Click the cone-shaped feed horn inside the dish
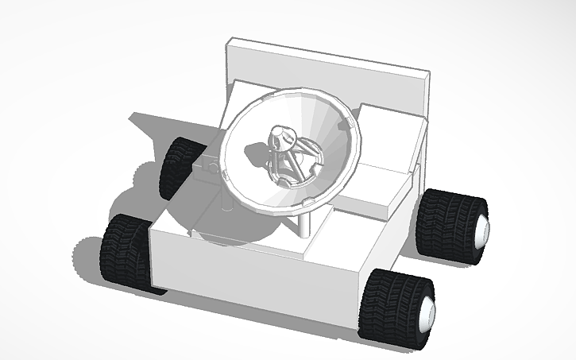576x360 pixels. pyautogui.click(x=280, y=136)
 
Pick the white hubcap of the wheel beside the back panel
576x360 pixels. pyautogui.click(x=481, y=231)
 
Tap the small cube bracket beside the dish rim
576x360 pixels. pyautogui.click(x=208, y=168)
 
